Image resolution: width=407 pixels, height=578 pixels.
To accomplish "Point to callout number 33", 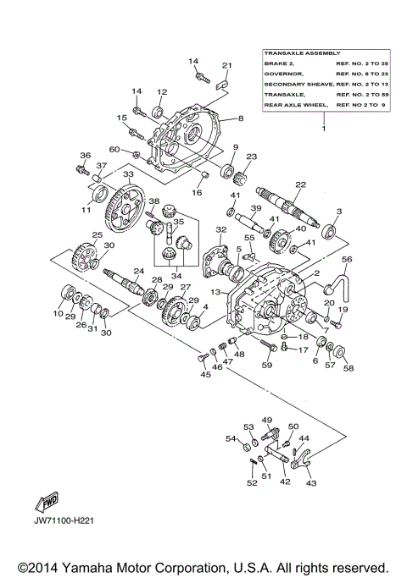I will tap(129, 174).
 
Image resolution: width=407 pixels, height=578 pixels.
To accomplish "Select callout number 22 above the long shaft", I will tap(299, 185).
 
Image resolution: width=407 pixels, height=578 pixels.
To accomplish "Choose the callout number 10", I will tap(58, 314).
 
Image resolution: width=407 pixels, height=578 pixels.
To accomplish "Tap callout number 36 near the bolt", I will tap(85, 156).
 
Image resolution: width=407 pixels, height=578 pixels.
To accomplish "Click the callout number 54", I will tap(230, 438).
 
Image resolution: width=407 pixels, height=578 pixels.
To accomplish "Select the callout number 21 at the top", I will tap(226, 66).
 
